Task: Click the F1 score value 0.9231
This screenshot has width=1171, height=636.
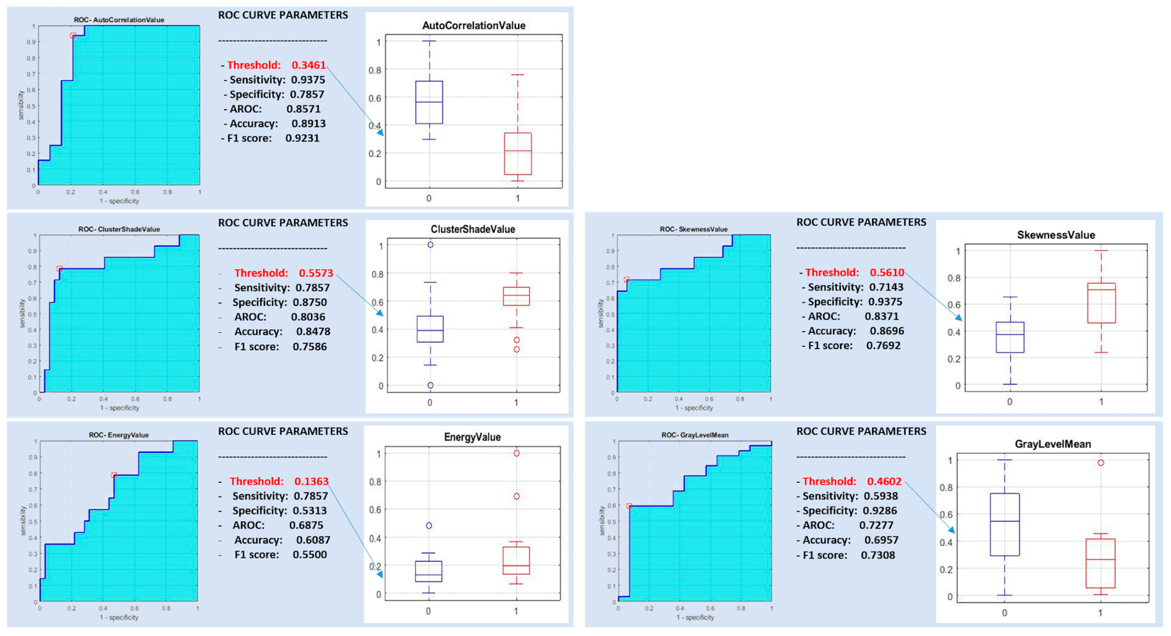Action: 302,138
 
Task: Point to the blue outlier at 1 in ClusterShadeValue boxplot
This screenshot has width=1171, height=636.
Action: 430,245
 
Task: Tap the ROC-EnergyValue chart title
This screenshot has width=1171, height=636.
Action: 119,435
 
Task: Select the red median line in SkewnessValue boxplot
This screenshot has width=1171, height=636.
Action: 1101,290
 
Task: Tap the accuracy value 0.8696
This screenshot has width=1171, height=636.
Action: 886,331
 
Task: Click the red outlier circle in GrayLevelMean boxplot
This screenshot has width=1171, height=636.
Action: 1101,463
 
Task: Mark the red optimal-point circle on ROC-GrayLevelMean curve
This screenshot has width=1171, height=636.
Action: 629,506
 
